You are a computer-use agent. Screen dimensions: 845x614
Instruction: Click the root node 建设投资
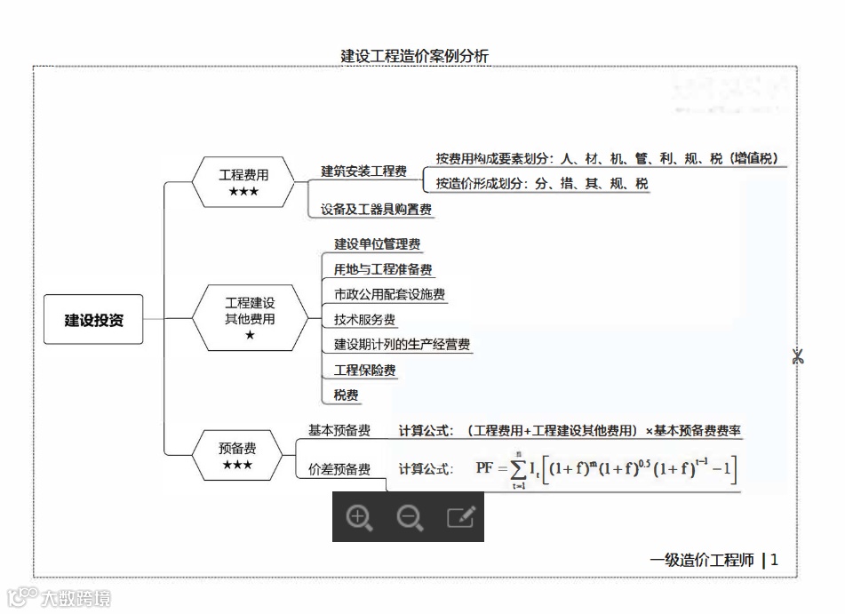[x=93, y=319]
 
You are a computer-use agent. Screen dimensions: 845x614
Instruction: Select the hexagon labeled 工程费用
[x=243, y=182]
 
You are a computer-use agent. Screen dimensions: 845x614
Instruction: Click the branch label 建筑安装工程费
[x=363, y=171]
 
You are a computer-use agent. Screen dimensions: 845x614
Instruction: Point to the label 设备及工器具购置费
[x=376, y=210]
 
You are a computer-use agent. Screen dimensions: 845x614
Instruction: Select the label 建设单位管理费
[x=377, y=244]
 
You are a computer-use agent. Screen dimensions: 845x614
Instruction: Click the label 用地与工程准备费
[x=383, y=269]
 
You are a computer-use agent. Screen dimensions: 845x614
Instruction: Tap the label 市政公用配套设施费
[x=389, y=294]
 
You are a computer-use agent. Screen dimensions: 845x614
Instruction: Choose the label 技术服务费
[x=364, y=320]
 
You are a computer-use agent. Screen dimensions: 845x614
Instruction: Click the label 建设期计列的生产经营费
[x=402, y=345]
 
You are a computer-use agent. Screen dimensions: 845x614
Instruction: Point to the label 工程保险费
[x=364, y=370]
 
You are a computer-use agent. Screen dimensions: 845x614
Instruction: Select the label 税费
[x=347, y=395]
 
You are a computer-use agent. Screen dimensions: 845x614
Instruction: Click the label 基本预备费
[x=339, y=430]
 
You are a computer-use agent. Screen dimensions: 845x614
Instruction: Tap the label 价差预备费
[x=339, y=469]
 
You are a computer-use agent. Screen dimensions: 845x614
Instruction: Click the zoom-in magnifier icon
[x=359, y=517]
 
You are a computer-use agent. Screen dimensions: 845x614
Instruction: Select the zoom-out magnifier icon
[x=410, y=517]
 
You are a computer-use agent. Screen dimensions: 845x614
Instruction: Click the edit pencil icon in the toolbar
[x=460, y=517]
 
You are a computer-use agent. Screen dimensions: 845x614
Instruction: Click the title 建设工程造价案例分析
[x=415, y=56]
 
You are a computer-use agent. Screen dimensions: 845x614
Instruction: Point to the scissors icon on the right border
[x=797, y=356]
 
